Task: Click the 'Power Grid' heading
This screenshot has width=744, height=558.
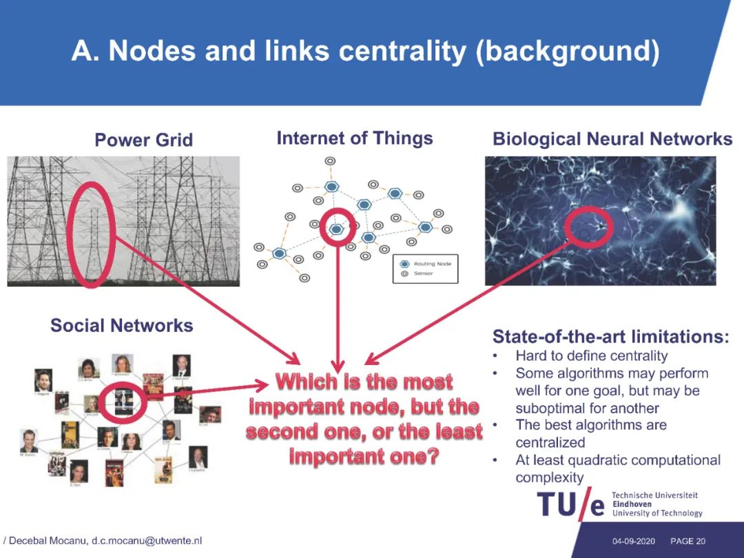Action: coord(143,141)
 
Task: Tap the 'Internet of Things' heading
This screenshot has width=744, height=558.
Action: coord(354,138)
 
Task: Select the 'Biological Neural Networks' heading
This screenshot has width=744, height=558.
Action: coord(612,139)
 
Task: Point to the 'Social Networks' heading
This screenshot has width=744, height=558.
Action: coord(121,325)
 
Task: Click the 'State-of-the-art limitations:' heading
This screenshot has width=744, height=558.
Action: coord(610,337)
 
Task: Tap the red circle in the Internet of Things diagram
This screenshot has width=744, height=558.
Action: coord(338,227)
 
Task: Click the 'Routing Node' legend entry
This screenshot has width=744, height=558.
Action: coord(431,264)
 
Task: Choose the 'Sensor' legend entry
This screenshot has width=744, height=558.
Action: coord(423,273)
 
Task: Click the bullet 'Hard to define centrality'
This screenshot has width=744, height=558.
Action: coord(591,356)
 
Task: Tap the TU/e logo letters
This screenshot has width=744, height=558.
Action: coord(570,505)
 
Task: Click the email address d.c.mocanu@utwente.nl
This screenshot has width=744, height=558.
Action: coord(147,541)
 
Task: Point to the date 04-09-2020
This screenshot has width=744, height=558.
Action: coord(633,541)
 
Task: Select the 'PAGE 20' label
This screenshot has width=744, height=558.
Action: coord(688,541)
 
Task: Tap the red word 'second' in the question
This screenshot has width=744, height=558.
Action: coord(284,432)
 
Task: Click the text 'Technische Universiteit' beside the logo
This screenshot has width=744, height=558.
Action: coord(654,495)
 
